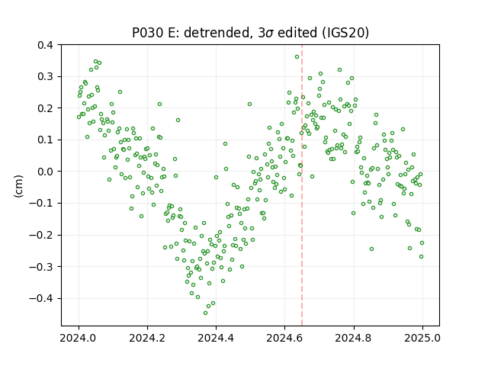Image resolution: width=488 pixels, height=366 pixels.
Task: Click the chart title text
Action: coord(251,33)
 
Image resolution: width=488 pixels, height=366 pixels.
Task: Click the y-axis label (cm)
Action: coord(18,186)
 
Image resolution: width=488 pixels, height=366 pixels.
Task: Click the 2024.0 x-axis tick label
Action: coord(79,338)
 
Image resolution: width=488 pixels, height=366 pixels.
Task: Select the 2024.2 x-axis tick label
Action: coord(147,338)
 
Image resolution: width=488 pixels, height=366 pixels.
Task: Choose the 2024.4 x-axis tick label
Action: coord(216,338)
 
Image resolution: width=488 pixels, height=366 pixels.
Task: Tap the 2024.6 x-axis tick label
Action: coord(284,338)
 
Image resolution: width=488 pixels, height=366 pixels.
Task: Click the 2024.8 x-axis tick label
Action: coord(354,338)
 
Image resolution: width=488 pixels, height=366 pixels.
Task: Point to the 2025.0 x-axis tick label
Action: coord(422,338)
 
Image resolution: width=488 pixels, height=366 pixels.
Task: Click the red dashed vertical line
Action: coord(302,185)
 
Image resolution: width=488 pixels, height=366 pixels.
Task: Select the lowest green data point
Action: coord(205,313)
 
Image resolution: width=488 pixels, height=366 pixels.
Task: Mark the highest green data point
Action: coord(297,56)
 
